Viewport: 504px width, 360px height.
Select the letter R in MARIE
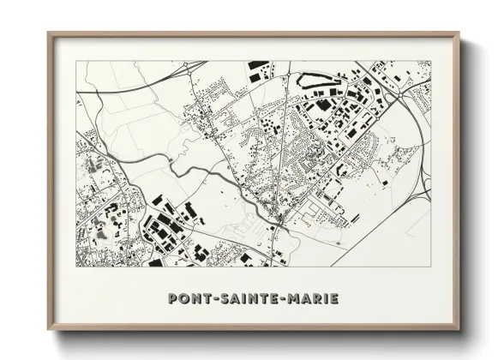point(319,298)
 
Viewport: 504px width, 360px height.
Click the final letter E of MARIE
point(334,298)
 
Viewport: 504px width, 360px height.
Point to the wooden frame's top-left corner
point(48,33)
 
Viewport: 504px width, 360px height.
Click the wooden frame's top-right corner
point(459,33)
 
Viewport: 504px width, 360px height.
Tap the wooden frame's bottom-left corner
point(48,331)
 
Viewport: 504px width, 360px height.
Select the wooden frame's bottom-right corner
point(459,331)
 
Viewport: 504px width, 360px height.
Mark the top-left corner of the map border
point(77,62)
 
